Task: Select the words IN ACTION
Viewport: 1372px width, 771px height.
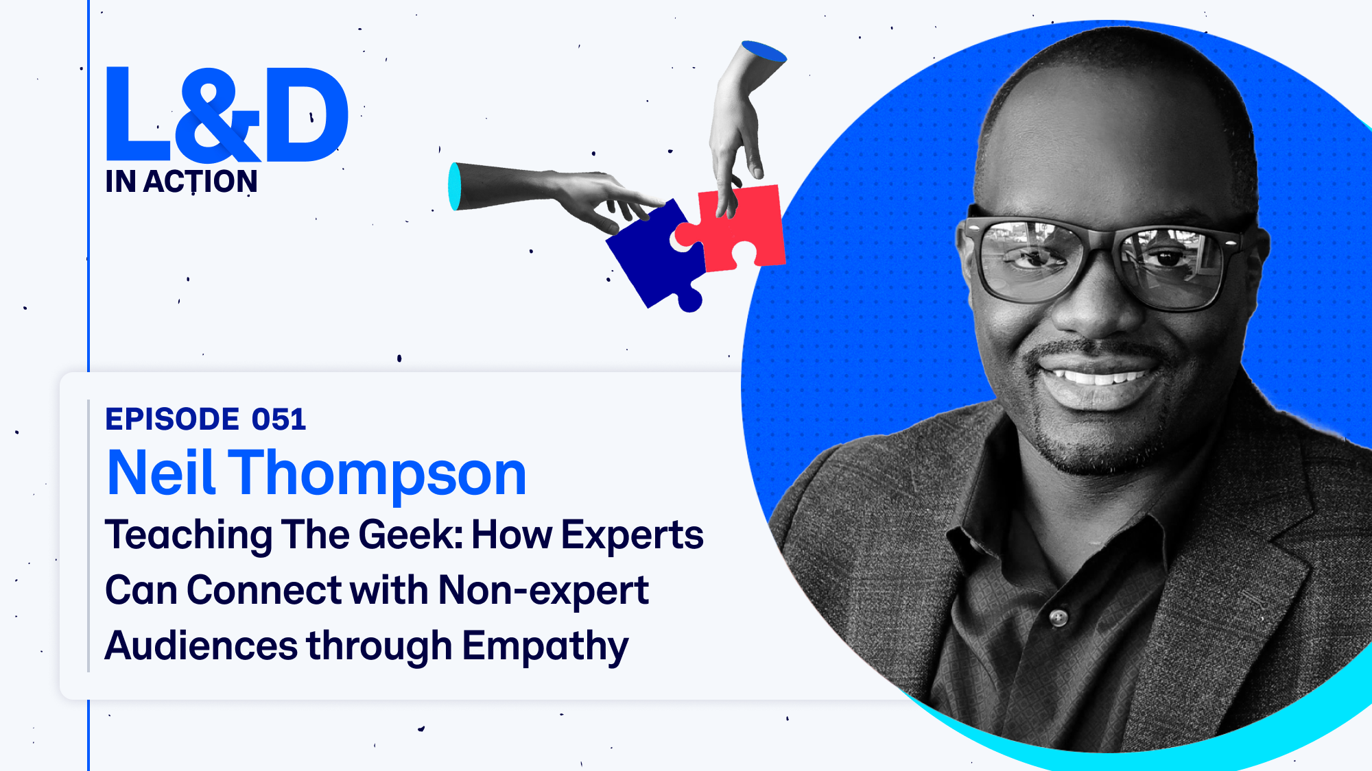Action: coord(181,182)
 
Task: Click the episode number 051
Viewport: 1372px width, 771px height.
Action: coord(279,419)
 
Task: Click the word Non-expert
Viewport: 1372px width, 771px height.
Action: coord(543,591)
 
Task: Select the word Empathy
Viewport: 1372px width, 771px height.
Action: coord(545,647)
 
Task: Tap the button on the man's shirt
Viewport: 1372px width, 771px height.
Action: coord(1058,618)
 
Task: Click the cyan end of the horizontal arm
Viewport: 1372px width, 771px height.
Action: coord(454,186)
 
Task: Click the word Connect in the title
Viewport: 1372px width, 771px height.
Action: coord(264,591)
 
